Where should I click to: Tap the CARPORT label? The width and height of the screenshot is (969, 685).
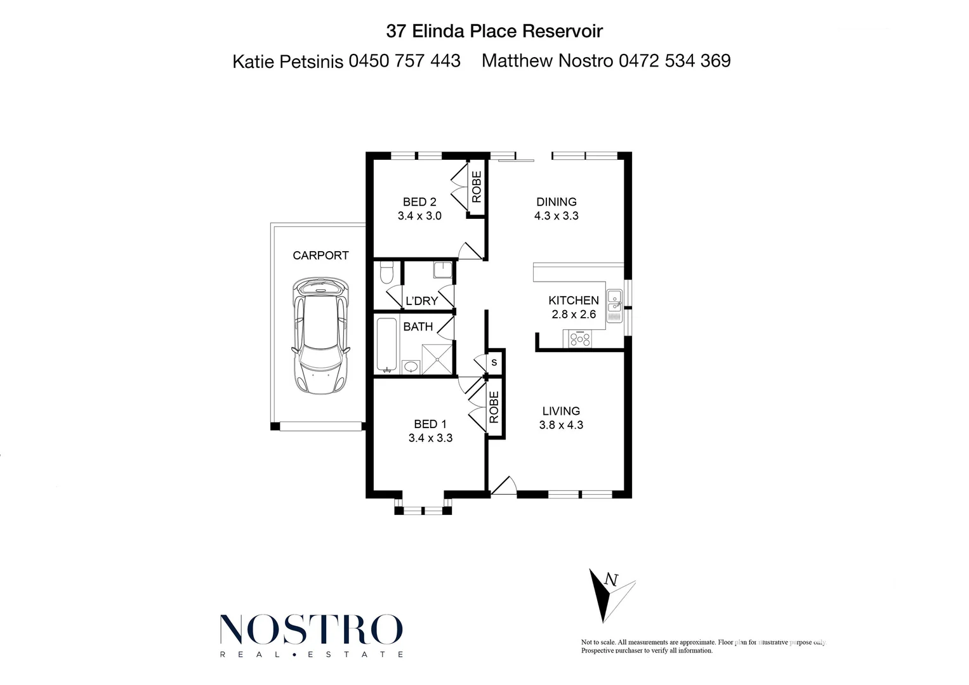(x=320, y=255)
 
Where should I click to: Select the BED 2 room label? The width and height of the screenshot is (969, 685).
(x=419, y=202)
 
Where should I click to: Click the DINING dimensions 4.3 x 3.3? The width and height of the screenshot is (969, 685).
(x=556, y=216)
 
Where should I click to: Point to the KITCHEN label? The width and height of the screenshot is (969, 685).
(x=573, y=300)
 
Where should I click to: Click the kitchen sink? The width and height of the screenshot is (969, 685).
(x=614, y=303)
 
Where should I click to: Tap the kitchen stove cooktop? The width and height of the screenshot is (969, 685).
(x=580, y=339)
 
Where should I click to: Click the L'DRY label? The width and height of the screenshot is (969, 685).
(x=421, y=301)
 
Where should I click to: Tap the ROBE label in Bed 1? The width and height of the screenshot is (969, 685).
(x=494, y=407)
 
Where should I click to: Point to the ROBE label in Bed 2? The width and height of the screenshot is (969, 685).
(x=477, y=186)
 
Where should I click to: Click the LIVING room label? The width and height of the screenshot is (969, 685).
(x=561, y=411)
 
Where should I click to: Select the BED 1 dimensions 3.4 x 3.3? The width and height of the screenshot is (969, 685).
(x=430, y=438)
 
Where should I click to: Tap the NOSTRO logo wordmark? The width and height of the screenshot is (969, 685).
(x=311, y=629)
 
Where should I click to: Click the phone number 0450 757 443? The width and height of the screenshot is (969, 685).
(x=405, y=61)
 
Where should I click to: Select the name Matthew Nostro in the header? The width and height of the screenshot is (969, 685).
(x=547, y=61)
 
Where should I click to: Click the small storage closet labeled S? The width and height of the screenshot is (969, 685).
(x=494, y=363)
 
